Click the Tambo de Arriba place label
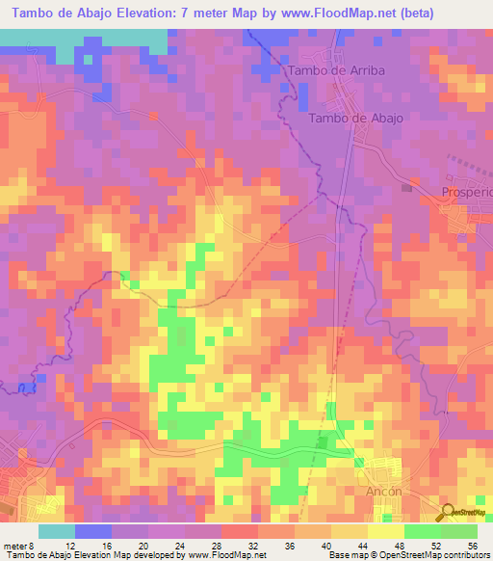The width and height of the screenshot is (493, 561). point(331,70)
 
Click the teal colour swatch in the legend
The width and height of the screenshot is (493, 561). point(57,531)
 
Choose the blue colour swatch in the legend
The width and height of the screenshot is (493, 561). point(93,531)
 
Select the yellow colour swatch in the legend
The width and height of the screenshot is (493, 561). point(386,531)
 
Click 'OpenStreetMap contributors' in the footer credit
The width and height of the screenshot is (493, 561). point(434,555)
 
